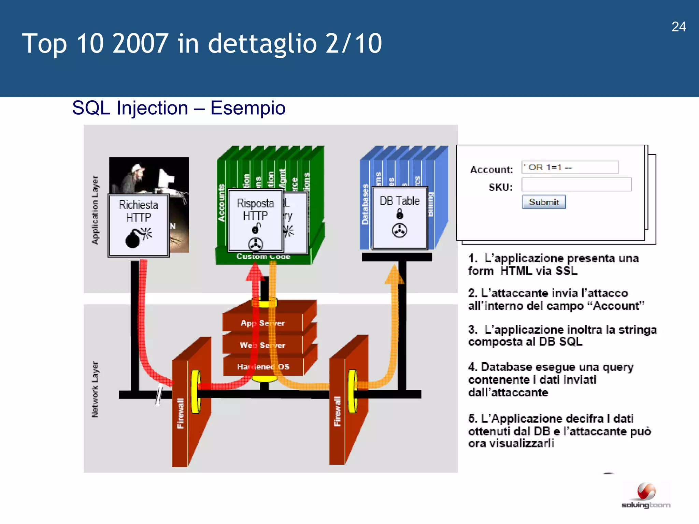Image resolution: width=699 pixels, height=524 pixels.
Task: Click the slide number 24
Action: pos(679,27)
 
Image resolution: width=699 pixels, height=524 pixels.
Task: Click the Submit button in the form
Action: pos(544,202)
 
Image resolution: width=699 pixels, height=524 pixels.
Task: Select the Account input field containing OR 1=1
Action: pos(570,168)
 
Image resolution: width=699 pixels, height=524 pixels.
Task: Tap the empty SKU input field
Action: pos(576,185)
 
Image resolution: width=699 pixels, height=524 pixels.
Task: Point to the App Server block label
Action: pos(262,323)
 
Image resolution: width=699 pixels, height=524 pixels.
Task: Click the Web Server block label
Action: pos(262,345)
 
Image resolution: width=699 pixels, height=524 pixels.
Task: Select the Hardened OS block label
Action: pos(263,367)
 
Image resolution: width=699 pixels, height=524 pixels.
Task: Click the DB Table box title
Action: pos(399,201)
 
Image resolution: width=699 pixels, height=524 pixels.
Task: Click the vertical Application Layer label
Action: pos(95,210)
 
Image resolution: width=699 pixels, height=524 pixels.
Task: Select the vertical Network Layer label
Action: pos(95,389)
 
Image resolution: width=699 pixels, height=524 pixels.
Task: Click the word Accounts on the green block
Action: pos(222,203)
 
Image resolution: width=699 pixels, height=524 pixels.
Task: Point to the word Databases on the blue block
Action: pos(365,204)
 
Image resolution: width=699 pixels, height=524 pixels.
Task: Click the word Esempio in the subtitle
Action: pos(248,108)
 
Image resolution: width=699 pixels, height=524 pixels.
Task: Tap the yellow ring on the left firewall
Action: pos(196,392)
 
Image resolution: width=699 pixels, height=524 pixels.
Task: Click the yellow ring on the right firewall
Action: pos(353,391)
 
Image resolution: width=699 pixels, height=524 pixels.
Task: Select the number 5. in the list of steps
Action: pos(473,419)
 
